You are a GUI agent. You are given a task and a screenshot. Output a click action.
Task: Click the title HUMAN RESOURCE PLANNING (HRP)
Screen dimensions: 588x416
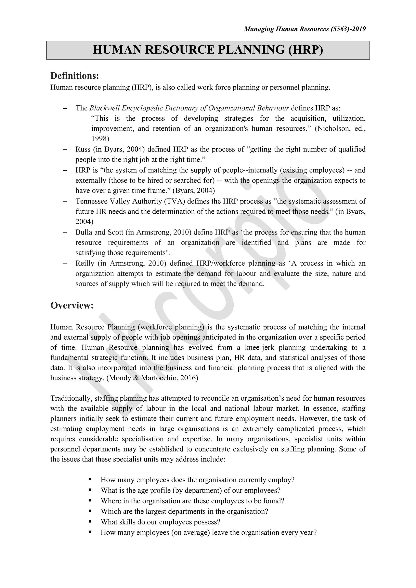[x=208, y=50]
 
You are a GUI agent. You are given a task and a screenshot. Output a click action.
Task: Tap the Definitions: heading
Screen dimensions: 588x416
[x=75, y=76]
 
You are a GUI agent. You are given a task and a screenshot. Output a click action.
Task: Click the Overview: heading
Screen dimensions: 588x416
[x=72, y=305]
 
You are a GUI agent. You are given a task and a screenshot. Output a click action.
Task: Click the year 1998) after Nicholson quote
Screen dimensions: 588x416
[x=100, y=138]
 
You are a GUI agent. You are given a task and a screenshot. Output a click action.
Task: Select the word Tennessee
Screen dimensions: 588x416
[x=91, y=201]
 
